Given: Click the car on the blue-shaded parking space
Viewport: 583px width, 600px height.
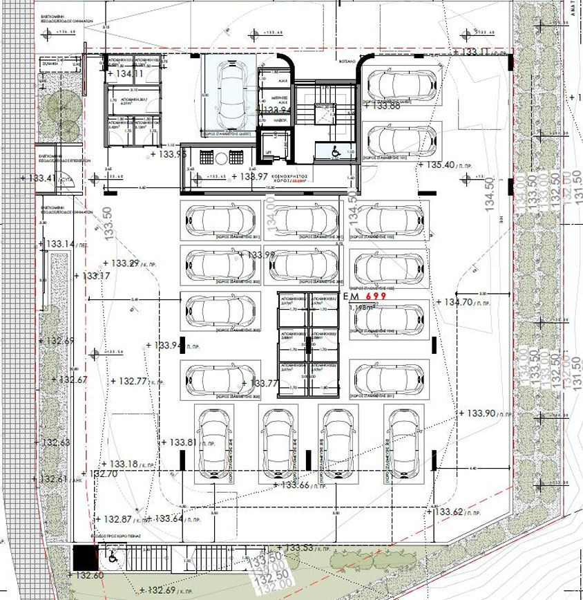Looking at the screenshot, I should (x=228, y=91).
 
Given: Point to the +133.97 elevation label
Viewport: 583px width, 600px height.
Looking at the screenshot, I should (x=250, y=178).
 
